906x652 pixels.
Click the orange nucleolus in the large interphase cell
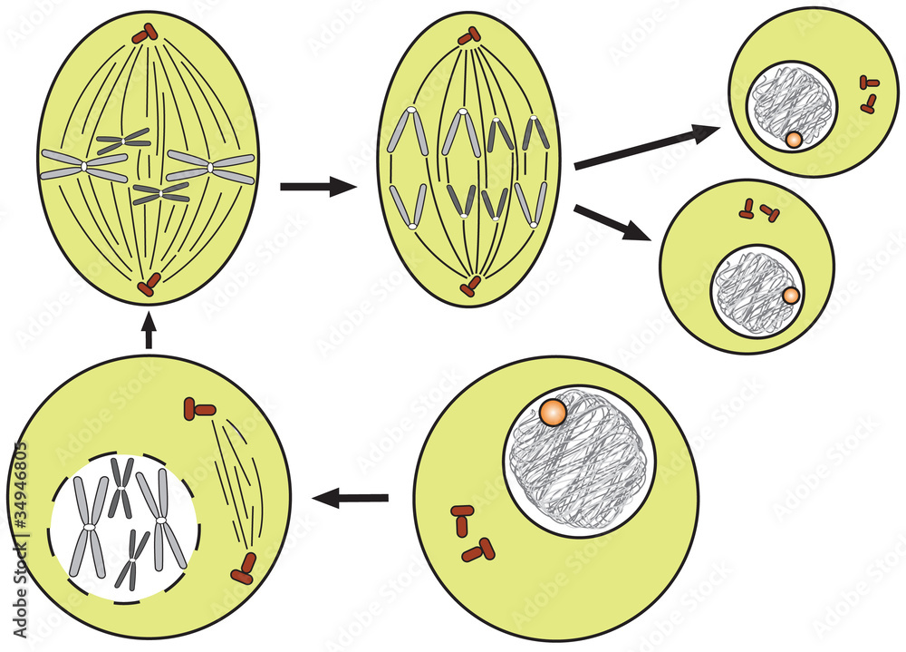(552, 414)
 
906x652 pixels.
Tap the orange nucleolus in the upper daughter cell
(794, 140)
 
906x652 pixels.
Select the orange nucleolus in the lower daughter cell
(790, 296)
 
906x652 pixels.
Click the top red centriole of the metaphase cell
(145, 34)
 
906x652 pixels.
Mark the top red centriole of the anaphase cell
(468, 36)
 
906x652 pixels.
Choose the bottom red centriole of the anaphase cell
(469, 287)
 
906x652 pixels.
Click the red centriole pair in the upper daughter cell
(869, 93)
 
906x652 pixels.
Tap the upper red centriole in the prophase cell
(198, 407)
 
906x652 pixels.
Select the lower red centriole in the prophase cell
(244, 569)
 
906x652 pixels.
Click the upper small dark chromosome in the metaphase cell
(123, 141)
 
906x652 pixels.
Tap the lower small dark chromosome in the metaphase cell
(161, 192)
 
